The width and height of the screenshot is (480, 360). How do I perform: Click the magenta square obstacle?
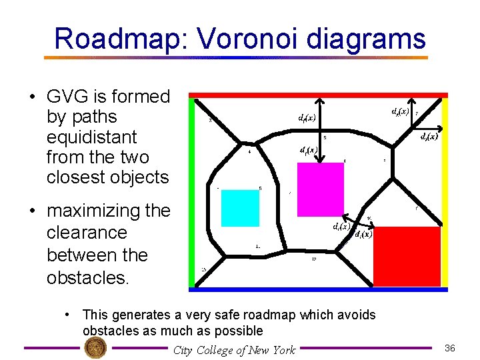[x=321, y=188]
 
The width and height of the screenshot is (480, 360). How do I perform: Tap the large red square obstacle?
[x=407, y=256]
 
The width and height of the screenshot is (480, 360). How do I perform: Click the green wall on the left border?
[x=191, y=193]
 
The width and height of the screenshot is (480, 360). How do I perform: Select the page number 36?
[x=449, y=348]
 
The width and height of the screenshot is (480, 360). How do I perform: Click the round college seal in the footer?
[x=95, y=348]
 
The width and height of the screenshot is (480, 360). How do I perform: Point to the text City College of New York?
[x=234, y=350]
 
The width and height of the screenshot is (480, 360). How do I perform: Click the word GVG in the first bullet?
[x=68, y=97]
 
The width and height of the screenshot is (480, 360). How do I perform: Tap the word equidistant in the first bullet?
[x=91, y=137]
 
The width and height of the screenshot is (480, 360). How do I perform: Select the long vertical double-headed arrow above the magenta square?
[x=321, y=130]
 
